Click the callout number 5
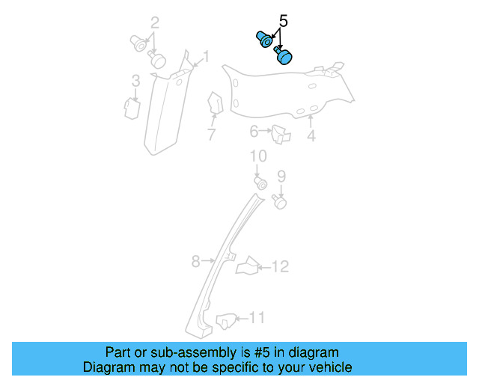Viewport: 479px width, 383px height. pyautogui.click(x=283, y=20)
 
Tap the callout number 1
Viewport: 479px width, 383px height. pyautogui.click(x=206, y=56)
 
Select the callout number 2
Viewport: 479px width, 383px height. pyautogui.click(x=154, y=22)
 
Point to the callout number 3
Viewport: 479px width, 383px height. pyautogui.click(x=135, y=81)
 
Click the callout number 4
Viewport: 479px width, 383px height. pyautogui.click(x=311, y=136)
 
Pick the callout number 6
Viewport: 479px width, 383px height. pyautogui.click(x=254, y=132)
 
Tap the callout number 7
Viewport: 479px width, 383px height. pyautogui.click(x=212, y=135)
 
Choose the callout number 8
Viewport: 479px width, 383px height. pyautogui.click(x=195, y=261)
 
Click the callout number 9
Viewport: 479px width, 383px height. pyautogui.click(x=281, y=177)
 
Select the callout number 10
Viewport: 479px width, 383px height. pyautogui.click(x=258, y=156)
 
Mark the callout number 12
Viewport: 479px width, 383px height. pyautogui.click(x=279, y=266)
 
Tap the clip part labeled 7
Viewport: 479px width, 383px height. pyautogui.click(x=213, y=104)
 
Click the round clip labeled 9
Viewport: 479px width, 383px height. pyautogui.click(x=281, y=200)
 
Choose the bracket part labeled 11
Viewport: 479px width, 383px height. pyautogui.click(x=225, y=322)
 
